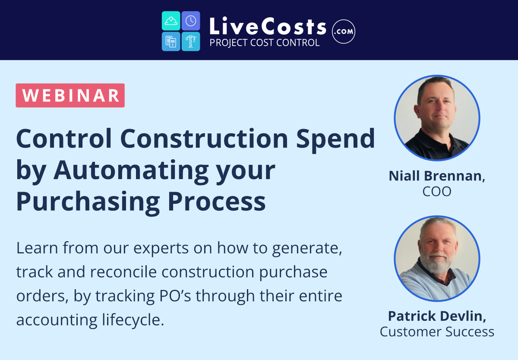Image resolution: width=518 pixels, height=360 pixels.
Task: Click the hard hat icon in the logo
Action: click(171, 21)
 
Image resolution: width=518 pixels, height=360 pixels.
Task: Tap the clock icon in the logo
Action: click(191, 21)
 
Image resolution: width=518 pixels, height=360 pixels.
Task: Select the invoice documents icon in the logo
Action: click(171, 41)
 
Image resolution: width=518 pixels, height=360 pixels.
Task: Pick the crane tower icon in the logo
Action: click(191, 41)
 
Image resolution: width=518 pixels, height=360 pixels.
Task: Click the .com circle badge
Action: click(344, 32)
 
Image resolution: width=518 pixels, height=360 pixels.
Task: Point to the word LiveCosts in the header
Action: click(268, 26)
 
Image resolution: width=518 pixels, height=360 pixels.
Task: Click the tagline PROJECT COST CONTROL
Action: click(265, 43)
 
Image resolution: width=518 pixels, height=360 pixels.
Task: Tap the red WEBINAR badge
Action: click(70, 95)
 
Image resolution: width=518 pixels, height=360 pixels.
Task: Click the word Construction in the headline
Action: click(204, 139)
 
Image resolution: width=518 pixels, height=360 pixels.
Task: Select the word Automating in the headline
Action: click(131, 171)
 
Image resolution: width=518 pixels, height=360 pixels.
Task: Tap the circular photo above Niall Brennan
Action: click(437, 118)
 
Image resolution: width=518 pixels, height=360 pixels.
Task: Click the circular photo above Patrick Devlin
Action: click(437, 259)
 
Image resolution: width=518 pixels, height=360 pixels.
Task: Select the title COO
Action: click(437, 192)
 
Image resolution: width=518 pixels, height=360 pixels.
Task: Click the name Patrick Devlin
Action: click(437, 316)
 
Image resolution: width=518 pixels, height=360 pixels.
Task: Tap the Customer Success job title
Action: click(437, 332)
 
